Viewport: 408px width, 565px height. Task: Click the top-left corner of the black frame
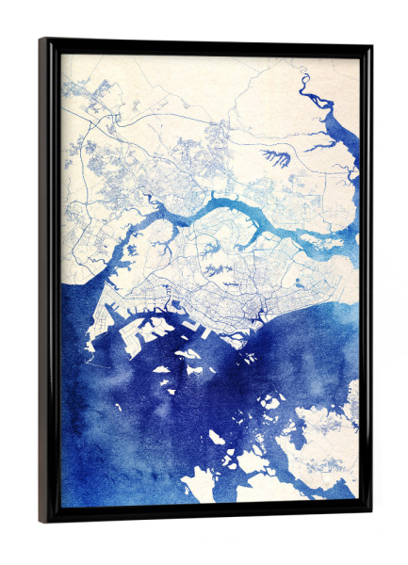coord(41,40)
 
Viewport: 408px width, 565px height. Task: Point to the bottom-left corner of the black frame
coord(41,522)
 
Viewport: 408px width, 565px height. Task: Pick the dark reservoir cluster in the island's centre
coord(222,269)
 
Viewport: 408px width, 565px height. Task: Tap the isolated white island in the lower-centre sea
coord(216,437)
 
